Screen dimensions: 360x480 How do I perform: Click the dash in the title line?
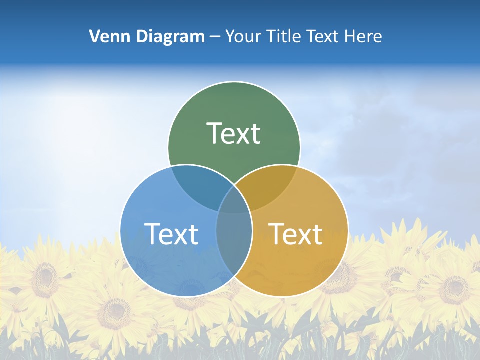tap(215, 37)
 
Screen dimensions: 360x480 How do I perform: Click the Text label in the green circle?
tap(234, 133)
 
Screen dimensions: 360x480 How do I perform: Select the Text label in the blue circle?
tap(171, 234)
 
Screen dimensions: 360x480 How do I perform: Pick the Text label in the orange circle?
tap(295, 234)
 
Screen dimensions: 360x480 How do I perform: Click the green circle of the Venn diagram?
tap(234, 110)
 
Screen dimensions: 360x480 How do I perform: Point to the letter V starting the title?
tap(94, 36)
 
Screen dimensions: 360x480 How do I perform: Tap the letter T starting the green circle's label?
tap(213, 133)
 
